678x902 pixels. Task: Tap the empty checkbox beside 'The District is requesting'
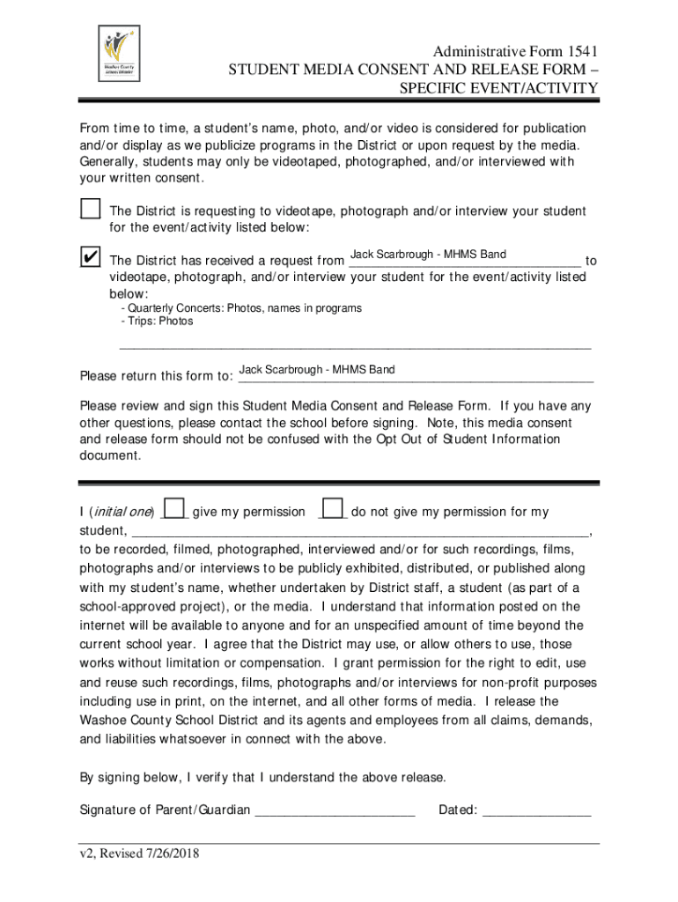click(x=90, y=210)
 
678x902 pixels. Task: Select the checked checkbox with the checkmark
click(x=90, y=256)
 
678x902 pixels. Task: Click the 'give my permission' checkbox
click(x=175, y=508)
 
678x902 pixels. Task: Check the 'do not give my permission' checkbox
click(x=333, y=508)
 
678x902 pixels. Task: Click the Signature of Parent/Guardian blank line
click(x=335, y=810)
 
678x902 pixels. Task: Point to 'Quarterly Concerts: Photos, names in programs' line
click(x=241, y=308)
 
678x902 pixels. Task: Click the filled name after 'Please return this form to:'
click(x=317, y=369)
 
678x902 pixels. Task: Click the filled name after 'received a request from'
click(x=428, y=255)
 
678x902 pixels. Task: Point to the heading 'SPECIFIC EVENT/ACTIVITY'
click(x=498, y=89)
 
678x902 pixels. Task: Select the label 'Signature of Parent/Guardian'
click(x=165, y=810)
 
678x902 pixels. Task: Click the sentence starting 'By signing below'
click(x=262, y=777)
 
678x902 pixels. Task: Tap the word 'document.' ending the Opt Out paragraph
click(x=110, y=456)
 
